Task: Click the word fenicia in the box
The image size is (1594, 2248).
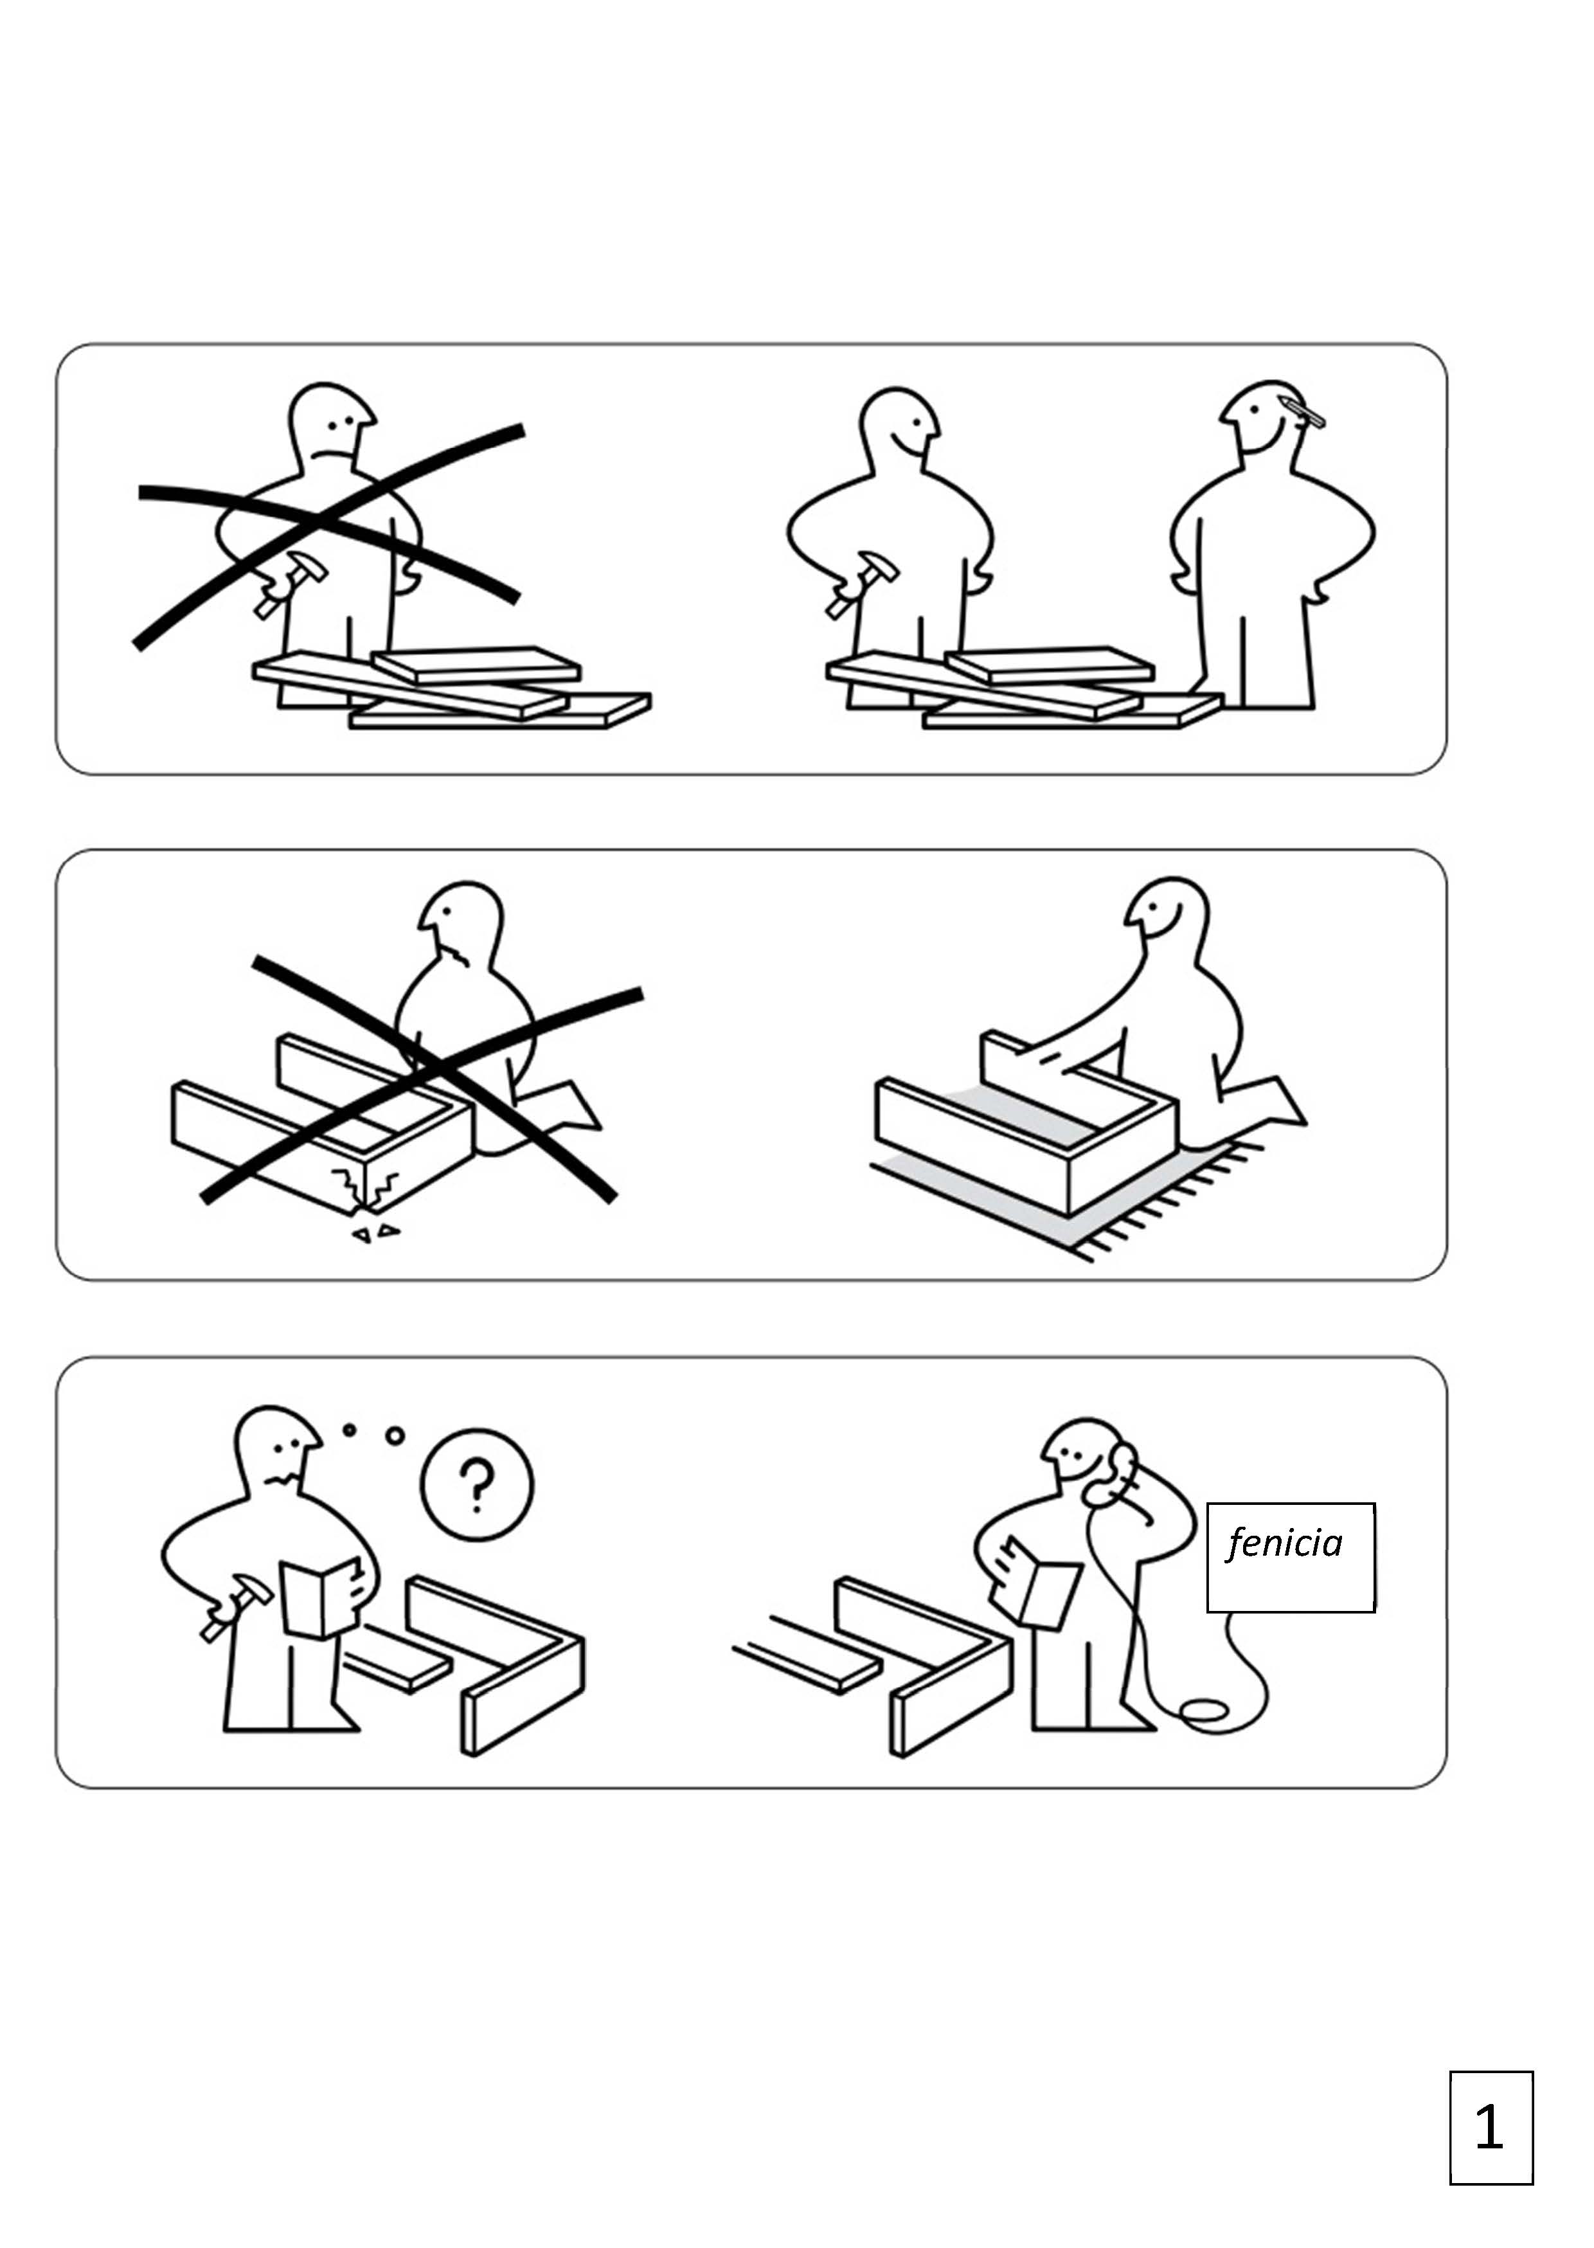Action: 1284,1543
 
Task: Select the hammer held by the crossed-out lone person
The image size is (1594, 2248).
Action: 283,583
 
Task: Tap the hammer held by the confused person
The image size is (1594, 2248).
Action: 237,1606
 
